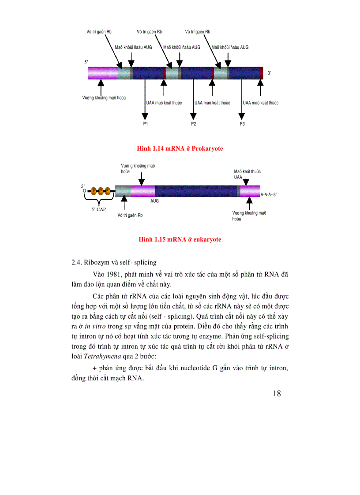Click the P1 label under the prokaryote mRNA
point(145,124)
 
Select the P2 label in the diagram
point(193,124)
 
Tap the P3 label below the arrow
point(242,124)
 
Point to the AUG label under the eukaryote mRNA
point(154,200)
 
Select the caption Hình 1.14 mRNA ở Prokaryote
point(180,149)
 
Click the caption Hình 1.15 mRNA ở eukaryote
point(180,239)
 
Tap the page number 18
point(277,394)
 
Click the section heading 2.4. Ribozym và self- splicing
point(114,262)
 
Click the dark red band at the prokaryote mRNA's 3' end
point(261,73)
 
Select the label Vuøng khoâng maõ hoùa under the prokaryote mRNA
point(104,97)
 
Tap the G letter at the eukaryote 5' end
point(84,191)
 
